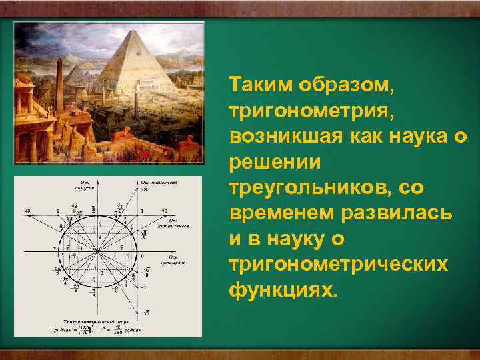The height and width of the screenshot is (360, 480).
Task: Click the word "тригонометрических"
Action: pyautogui.click(x=347, y=265)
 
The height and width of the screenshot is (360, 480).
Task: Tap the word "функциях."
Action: pyautogui.click(x=283, y=291)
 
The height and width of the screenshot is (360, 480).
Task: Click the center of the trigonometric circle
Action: pyautogui.click(x=97, y=251)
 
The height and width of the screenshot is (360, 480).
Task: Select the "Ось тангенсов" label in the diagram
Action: pyautogui.click(x=157, y=182)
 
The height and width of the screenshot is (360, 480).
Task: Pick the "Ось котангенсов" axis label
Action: pyautogui.click(x=179, y=223)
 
